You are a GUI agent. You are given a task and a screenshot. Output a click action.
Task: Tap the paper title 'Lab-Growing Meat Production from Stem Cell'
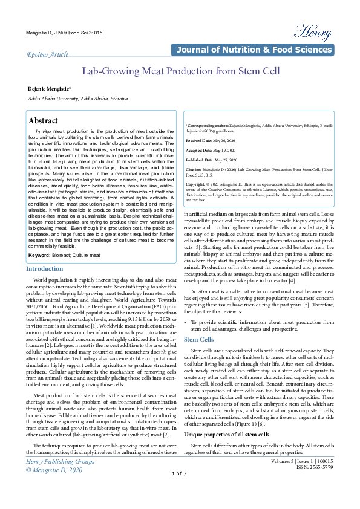(180, 71)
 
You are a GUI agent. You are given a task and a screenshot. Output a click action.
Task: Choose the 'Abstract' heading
(44, 120)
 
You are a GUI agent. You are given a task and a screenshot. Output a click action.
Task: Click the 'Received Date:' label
(201, 140)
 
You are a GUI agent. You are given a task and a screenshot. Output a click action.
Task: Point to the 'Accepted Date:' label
(201, 150)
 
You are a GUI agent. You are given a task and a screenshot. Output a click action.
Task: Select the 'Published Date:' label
(201, 160)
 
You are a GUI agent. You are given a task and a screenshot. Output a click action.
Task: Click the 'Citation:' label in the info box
(194, 170)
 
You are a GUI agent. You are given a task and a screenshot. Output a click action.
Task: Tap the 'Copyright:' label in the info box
(196, 183)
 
